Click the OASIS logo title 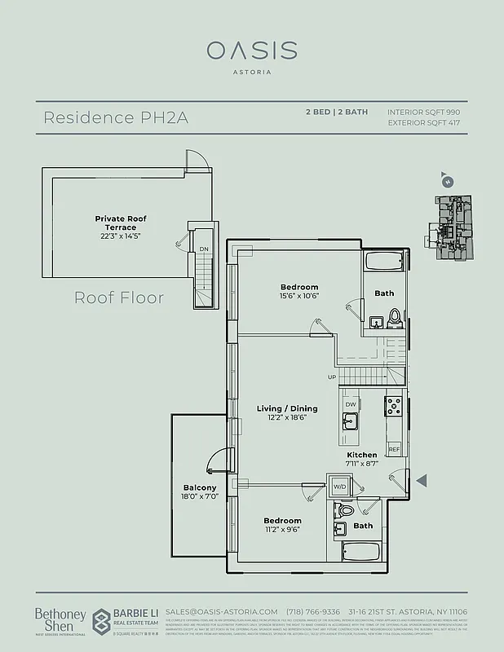pos(251,51)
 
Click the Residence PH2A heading pos(117,117)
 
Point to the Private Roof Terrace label pos(121,222)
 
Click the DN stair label pos(203,250)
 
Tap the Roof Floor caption pos(119,297)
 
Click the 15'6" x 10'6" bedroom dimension pos(299,296)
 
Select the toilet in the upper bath pos(396,317)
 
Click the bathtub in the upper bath pos(384,263)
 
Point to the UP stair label pos(331,377)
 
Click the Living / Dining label pos(287,408)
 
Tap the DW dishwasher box pos(349,404)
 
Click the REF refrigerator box pos(394,449)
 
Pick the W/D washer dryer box pos(338,486)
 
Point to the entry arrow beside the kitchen pos(421,482)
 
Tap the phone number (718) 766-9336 pos(316,611)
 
